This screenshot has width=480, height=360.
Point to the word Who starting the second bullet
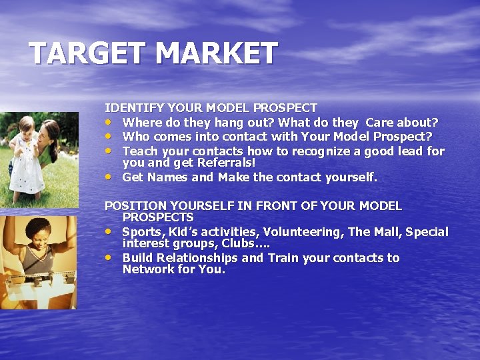pos(135,137)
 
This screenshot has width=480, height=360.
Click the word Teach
pos(140,151)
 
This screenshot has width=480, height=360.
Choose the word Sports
pos(142,232)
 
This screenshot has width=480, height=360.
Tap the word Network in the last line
pos(147,269)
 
